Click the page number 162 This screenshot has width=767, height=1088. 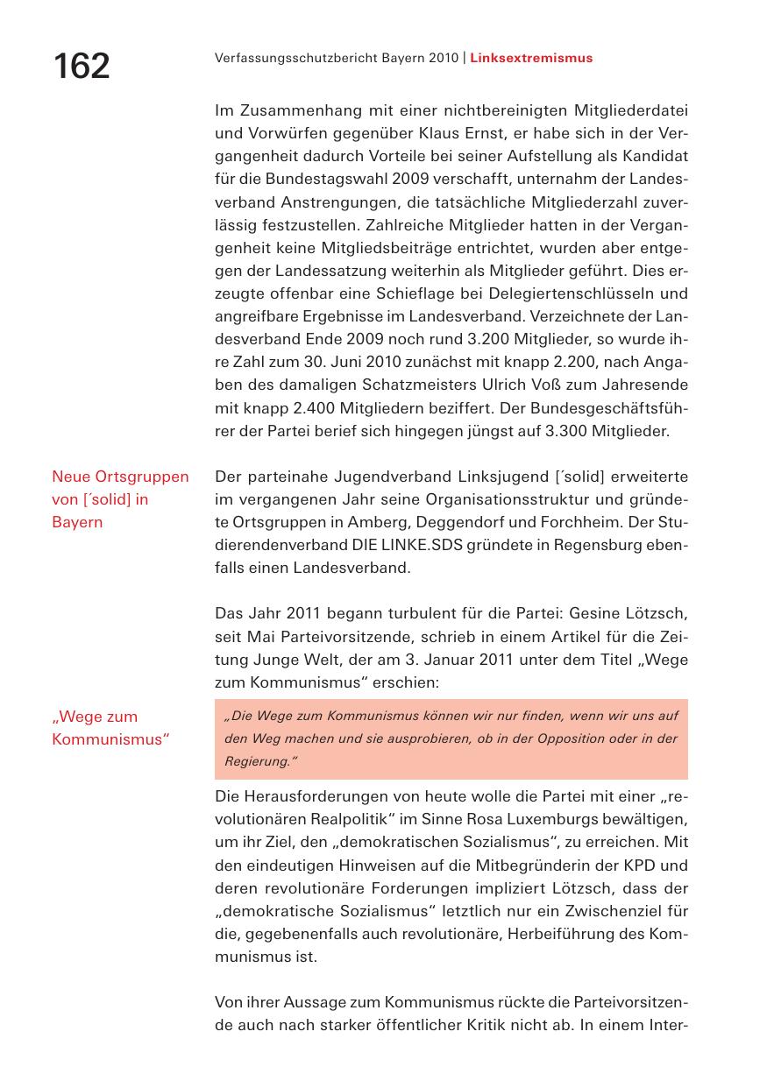point(82,67)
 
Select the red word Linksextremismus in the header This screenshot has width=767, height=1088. point(531,58)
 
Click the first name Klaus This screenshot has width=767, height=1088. point(438,133)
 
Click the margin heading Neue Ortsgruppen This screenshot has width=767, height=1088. point(120,477)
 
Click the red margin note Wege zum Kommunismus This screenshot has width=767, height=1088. point(110,727)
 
